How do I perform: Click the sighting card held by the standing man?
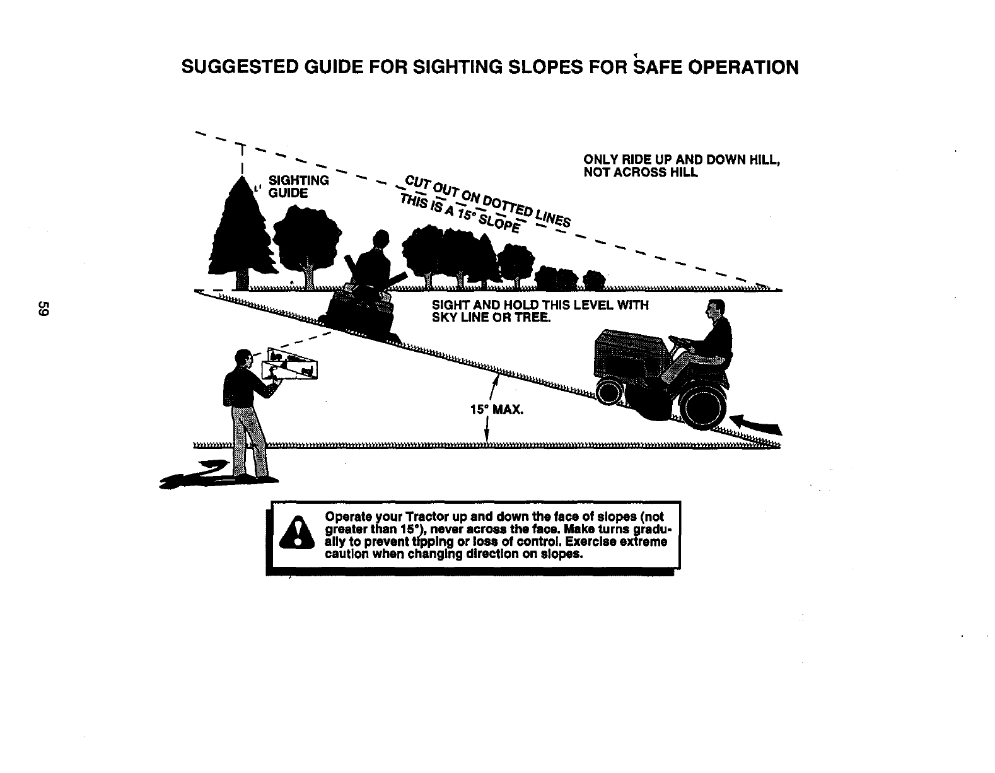pyautogui.click(x=292, y=366)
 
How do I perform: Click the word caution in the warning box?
pyautogui.click(x=346, y=555)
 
